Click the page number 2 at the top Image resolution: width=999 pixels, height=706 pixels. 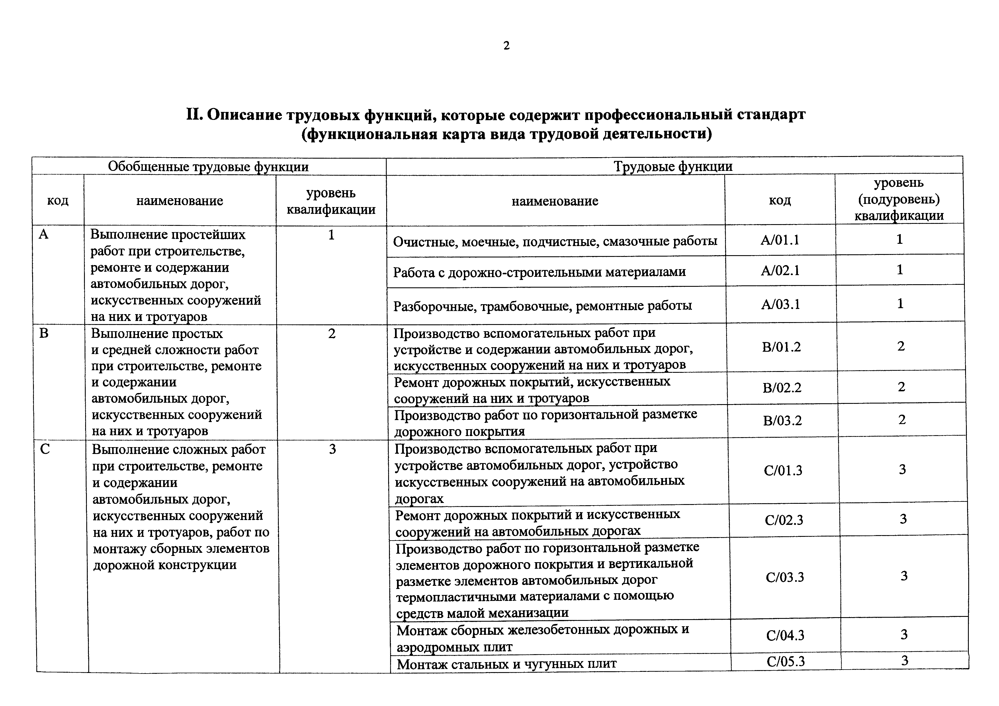tap(506, 46)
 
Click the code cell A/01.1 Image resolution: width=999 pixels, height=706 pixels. tap(780, 240)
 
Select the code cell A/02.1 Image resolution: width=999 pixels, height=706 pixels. tap(780, 271)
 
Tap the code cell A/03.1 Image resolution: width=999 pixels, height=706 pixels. tap(781, 304)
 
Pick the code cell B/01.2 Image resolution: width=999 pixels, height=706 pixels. tap(781, 347)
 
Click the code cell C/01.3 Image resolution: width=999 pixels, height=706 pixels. tap(783, 470)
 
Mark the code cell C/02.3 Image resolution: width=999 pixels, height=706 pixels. tap(784, 520)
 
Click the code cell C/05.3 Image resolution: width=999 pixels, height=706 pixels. tap(785, 662)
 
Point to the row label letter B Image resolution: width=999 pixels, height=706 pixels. tap(44, 334)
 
